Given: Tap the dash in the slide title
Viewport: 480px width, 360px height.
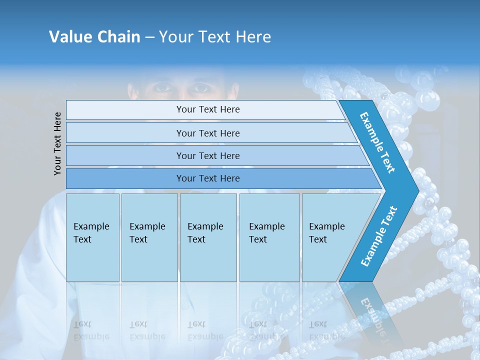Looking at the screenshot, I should [149, 37].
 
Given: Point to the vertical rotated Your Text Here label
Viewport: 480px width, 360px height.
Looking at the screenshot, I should [57, 143].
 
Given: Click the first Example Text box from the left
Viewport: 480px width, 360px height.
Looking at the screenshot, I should [92, 237].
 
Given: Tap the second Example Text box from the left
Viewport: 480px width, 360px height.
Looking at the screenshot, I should [149, 237].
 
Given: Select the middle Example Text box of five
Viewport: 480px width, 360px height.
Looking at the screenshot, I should [208, 237].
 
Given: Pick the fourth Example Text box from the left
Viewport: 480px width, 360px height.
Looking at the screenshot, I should [269, 237].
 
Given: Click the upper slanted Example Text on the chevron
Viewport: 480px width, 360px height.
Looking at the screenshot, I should [377, 142].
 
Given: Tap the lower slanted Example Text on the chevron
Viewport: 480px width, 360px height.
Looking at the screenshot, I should [379, 236].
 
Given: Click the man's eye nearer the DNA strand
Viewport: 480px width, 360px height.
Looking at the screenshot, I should [201, 88].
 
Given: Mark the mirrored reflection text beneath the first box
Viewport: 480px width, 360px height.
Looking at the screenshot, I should [91, 330].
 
